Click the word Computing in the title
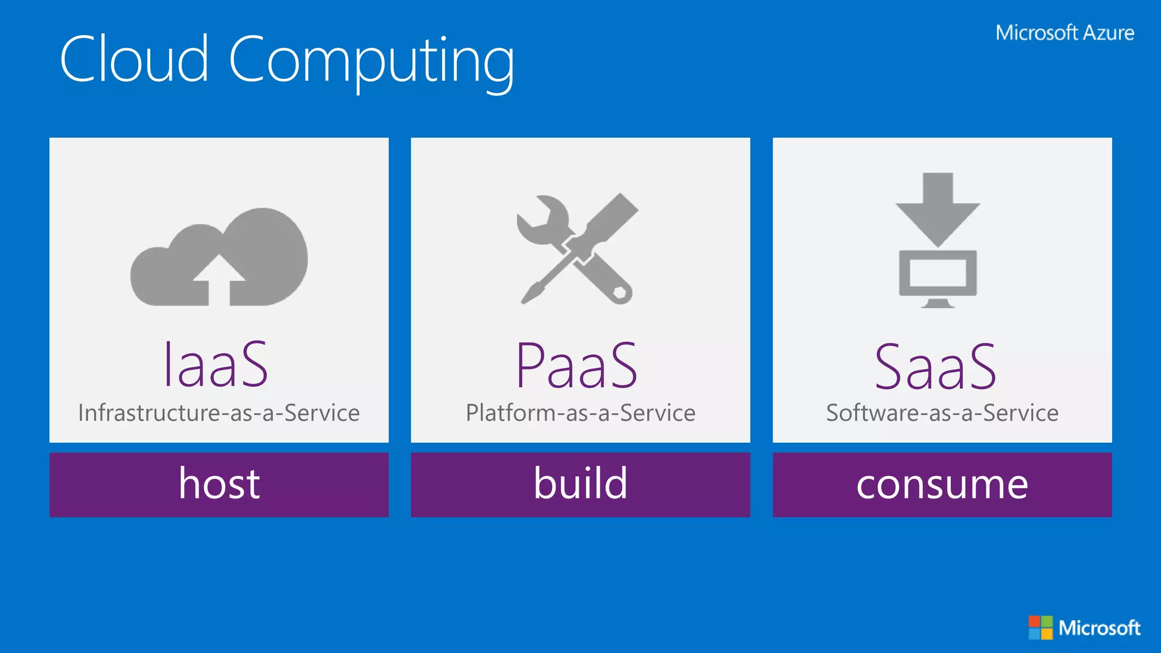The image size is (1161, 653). pyautogui.click(x=371, y=61)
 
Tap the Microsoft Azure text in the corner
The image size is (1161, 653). pyautogui.click(x=1065, y=33)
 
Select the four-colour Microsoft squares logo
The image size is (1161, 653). pyautogui.click(x=1040, y=627)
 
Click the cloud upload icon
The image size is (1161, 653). pyautogui.click(x=219, y=258)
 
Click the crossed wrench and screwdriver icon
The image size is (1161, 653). pyautogui.click(x=577, y=249)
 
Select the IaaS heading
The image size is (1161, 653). pyautogui.click(x=216, y=365)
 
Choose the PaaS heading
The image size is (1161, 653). pyautogui.click(x=577, y=366)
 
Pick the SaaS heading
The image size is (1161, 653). pyautogui.click(x=935, y=367)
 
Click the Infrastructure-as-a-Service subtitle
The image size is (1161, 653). pyautogui.click(x=219, y=413)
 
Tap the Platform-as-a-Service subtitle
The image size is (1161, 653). pyautogui.click(x=580, y=413)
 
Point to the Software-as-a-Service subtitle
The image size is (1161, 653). pyautogui.click(x=942, y=413)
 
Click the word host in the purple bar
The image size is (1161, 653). pyautogui.click(x=219, y=484)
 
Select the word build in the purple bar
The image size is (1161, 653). pyautogui.click(x=580, y=484)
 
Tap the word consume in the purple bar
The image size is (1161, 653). pyautogui.click(x=942, y=485)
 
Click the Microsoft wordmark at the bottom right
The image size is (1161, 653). pyautogui.click(x=1099, y=628)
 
